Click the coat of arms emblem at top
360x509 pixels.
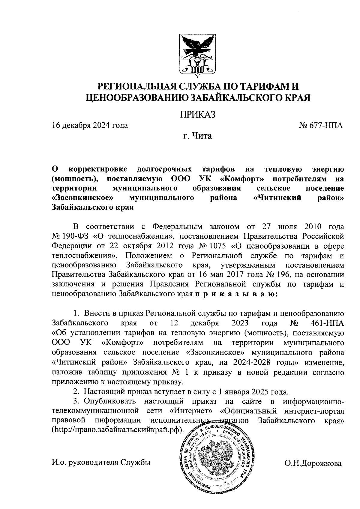click(197, 55)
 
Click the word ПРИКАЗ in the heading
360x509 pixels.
click(198, 115)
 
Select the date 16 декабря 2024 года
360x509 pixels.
click(90, 125)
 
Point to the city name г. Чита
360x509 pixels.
click(198, 136)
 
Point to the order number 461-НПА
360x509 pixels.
click(325, 323)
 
